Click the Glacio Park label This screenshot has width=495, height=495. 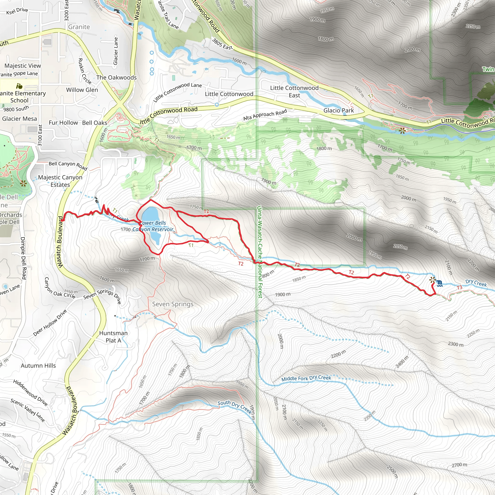click(x=338, y=110)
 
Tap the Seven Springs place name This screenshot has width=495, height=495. click(x=173, y=304)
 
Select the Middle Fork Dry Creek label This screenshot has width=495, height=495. click(x=306, y=379)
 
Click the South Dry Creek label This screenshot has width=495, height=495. click(x=235, y=406)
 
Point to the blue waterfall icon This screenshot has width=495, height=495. click(x=440, y=283)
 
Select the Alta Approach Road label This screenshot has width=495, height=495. click(x=265, y=115)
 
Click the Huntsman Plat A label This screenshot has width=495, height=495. click(x=113, y=337)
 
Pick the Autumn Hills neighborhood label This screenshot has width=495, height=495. click(x=38, y=366)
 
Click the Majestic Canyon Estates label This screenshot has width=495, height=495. click(x=60, y=181)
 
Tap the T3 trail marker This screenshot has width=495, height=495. click(x=459, y=287)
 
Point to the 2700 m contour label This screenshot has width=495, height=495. click(x=459, y=465)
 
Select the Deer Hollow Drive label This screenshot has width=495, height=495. click(x=50, y=323)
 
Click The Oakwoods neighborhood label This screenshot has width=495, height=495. click(x=116, y=77)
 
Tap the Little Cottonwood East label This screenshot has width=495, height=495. click(x=294, y=91)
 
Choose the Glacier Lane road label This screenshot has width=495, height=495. click(x=116, y=51)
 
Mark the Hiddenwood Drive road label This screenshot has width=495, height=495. click(x=30, y=393)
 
